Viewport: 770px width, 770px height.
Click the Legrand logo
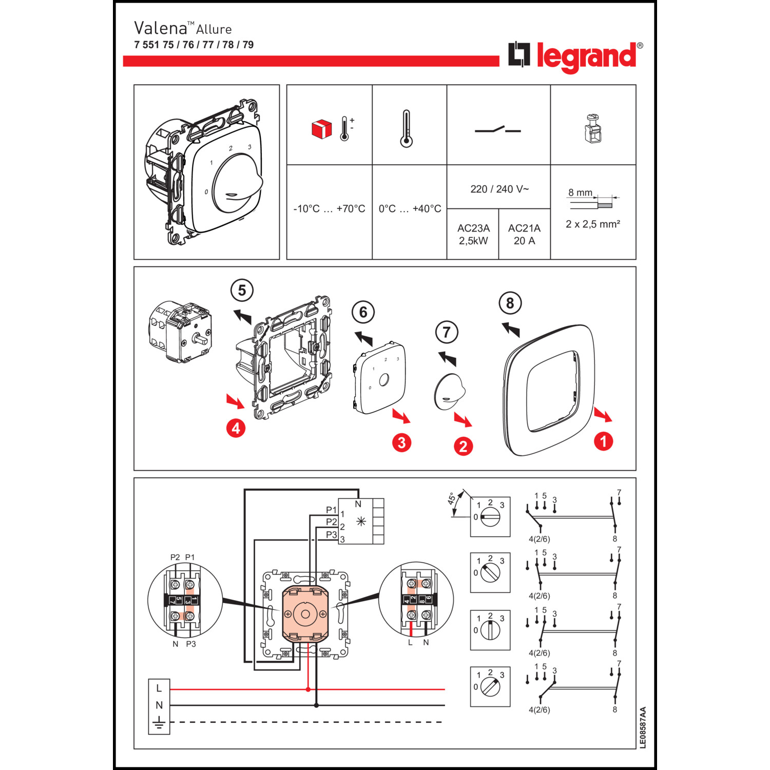point(575,56)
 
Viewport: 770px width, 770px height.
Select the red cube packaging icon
point(322,129)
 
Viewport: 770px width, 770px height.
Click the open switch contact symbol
point(497,130)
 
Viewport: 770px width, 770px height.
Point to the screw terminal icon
point(593,129)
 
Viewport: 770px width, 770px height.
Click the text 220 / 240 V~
point(499,189)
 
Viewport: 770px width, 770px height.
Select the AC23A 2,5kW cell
point(473,234)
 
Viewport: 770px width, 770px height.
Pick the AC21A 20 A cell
point(524,234)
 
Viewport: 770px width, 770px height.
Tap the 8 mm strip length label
point(580,192)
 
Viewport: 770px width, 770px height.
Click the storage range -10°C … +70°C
point(329,209)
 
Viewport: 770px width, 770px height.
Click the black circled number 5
point(242,291)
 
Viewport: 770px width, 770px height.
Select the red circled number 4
point(236,428)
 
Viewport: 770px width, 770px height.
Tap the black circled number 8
point(510,303)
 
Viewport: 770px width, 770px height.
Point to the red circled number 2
point(463,446)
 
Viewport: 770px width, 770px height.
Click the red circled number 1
point(603,441)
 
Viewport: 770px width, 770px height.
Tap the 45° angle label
point(452,499)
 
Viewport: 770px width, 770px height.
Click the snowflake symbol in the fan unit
point(361,522)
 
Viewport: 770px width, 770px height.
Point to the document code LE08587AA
point(643,727)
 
